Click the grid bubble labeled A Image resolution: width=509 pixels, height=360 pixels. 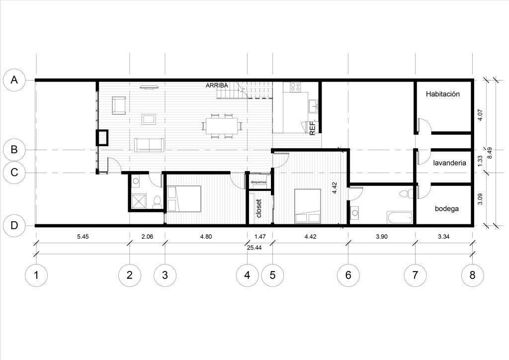[14, 80]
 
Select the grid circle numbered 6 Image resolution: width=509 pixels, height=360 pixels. [348, 275]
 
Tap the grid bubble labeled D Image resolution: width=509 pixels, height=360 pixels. [14, 225]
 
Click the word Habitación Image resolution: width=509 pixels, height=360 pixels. [443, 94]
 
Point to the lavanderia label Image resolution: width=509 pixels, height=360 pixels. [449, 163]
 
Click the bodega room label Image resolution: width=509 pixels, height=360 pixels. [447, 209]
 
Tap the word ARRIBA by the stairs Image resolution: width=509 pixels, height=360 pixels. [217, 86]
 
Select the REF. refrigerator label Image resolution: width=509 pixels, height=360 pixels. [313, 128]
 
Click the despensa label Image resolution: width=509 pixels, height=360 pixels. [258, 182]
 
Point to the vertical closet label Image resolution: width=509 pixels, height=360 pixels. [258, 208]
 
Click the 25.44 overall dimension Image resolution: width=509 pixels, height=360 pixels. [254, 248]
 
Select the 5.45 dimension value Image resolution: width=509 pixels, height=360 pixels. [83, 237]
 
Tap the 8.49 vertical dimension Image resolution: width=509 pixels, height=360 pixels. [490, 153]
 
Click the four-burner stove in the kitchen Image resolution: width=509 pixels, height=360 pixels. [295, 87]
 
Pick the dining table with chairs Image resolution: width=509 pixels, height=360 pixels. [222, 126]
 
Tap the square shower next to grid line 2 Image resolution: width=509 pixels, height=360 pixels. [139, 201]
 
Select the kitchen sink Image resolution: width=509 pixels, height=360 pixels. [313, 106]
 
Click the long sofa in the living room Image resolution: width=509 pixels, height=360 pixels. [149, 145]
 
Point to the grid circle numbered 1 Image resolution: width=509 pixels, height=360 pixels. [36, 275]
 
